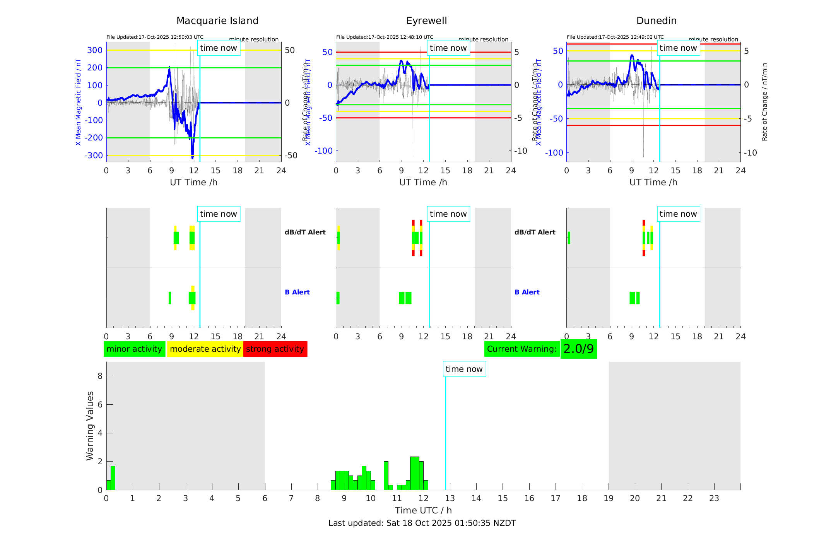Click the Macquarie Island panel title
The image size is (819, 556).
pos(217,21)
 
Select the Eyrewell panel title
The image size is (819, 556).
pos(426,21)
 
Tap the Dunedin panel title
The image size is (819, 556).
pos(656,21)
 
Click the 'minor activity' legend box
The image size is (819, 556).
pos(134,349)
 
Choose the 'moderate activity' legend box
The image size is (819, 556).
pos(205,349)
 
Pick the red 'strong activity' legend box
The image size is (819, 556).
pos(275,349)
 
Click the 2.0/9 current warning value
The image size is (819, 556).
pos(578,349)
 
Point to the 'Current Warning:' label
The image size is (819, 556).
pos(521,349)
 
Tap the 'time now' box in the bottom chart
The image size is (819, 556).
pos(464,369)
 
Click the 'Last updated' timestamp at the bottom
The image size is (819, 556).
pos(422,523)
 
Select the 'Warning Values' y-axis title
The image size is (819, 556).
pos(90,426)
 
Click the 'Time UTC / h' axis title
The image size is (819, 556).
pos(423,510)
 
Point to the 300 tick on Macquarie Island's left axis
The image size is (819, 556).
pos(95,50)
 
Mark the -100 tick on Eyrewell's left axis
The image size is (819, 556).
pos(323,151)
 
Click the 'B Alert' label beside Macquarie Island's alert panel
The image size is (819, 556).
pos(297,292)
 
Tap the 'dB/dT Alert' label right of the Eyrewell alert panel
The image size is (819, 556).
pos(535,232)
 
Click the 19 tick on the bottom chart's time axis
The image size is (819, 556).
pos(609,498)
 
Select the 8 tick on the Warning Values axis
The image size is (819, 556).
pos(100,376)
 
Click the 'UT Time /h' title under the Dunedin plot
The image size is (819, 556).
pos(653,182)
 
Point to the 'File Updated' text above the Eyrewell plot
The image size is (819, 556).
pos(385,37)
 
